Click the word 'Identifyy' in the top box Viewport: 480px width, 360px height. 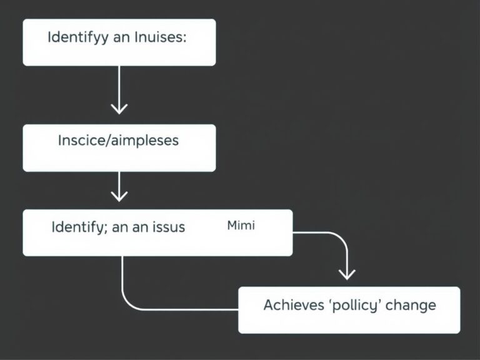pyautogui.click(x=73, y=37)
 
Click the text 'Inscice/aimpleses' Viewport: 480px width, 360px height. pyautogui.click(x=117, y=141)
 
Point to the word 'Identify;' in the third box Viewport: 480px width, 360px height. pyautogui.click(x=77, y=227)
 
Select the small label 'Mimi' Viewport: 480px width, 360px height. pyautogui.click(x=240, y=225)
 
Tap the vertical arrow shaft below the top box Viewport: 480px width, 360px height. pyautogui.click(x=119, y=87)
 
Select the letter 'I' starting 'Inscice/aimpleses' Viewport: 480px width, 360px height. pyautogui.click(x=59, y=141)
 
